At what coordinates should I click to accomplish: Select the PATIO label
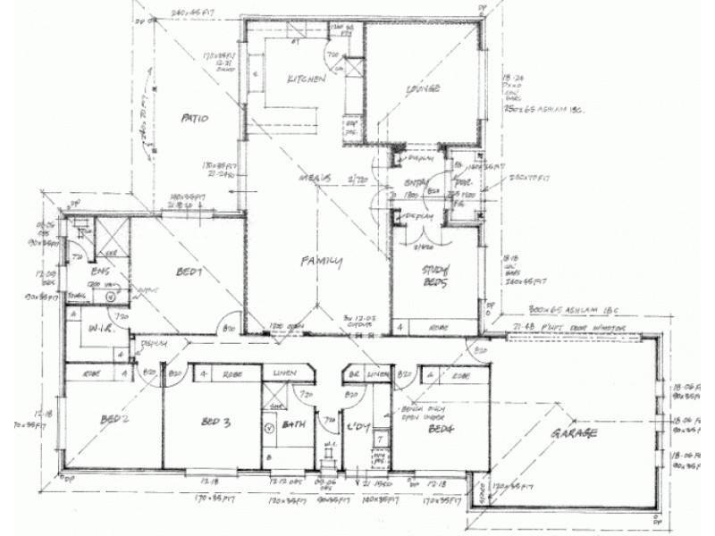point(194,117)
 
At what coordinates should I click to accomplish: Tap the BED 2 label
point(110,417)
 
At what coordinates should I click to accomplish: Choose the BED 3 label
point(216,422)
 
